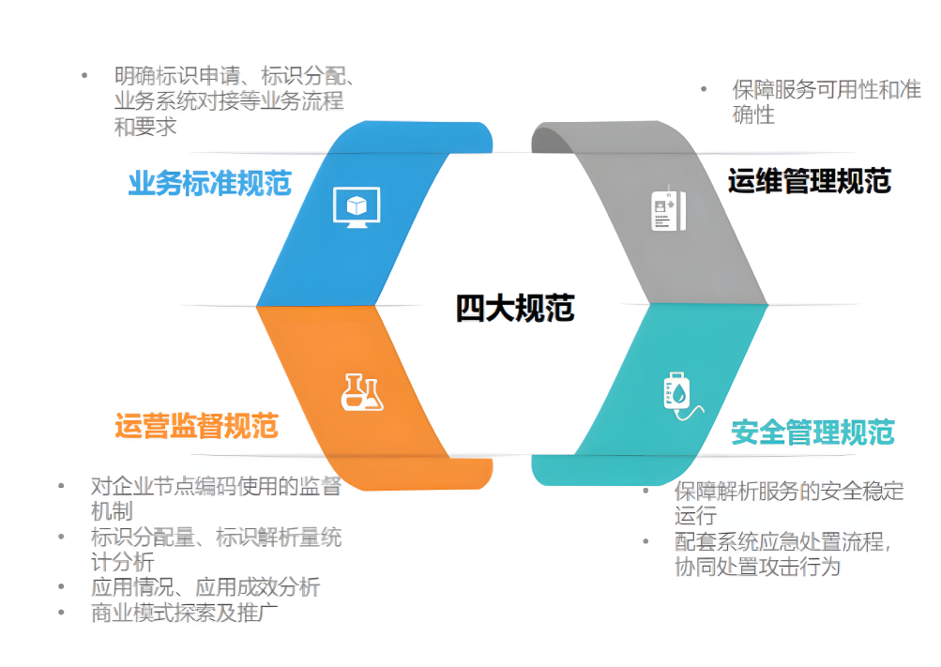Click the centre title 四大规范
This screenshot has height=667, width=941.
tap(515, 308)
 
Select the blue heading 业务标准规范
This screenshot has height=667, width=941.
tap(209, 183)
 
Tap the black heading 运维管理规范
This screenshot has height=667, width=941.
tap(809, 180)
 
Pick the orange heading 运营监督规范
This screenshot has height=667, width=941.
tap(196, 426)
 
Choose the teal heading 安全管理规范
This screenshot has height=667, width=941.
tap(812, 432)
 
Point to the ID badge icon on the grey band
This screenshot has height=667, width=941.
tap(668, 210)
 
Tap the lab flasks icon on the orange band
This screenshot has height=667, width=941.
tap(362, 392)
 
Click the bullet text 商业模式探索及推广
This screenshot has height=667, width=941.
tap(184, 613)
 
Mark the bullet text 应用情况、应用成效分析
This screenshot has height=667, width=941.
tap(205, 586)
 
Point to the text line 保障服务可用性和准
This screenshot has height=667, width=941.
tap(827, 89)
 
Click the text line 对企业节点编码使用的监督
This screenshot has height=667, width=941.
tap(216, 486)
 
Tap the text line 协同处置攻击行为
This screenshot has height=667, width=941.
tap(757, 567)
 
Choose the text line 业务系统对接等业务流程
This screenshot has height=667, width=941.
tap(229, 100)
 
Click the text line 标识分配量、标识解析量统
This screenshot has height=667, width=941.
tap(216, 537)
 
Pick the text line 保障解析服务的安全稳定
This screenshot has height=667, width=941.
tap(789, 491)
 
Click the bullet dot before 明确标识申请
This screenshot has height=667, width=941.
tap(84, 76)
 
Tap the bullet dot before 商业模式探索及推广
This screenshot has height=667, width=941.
tap(61, 613)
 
